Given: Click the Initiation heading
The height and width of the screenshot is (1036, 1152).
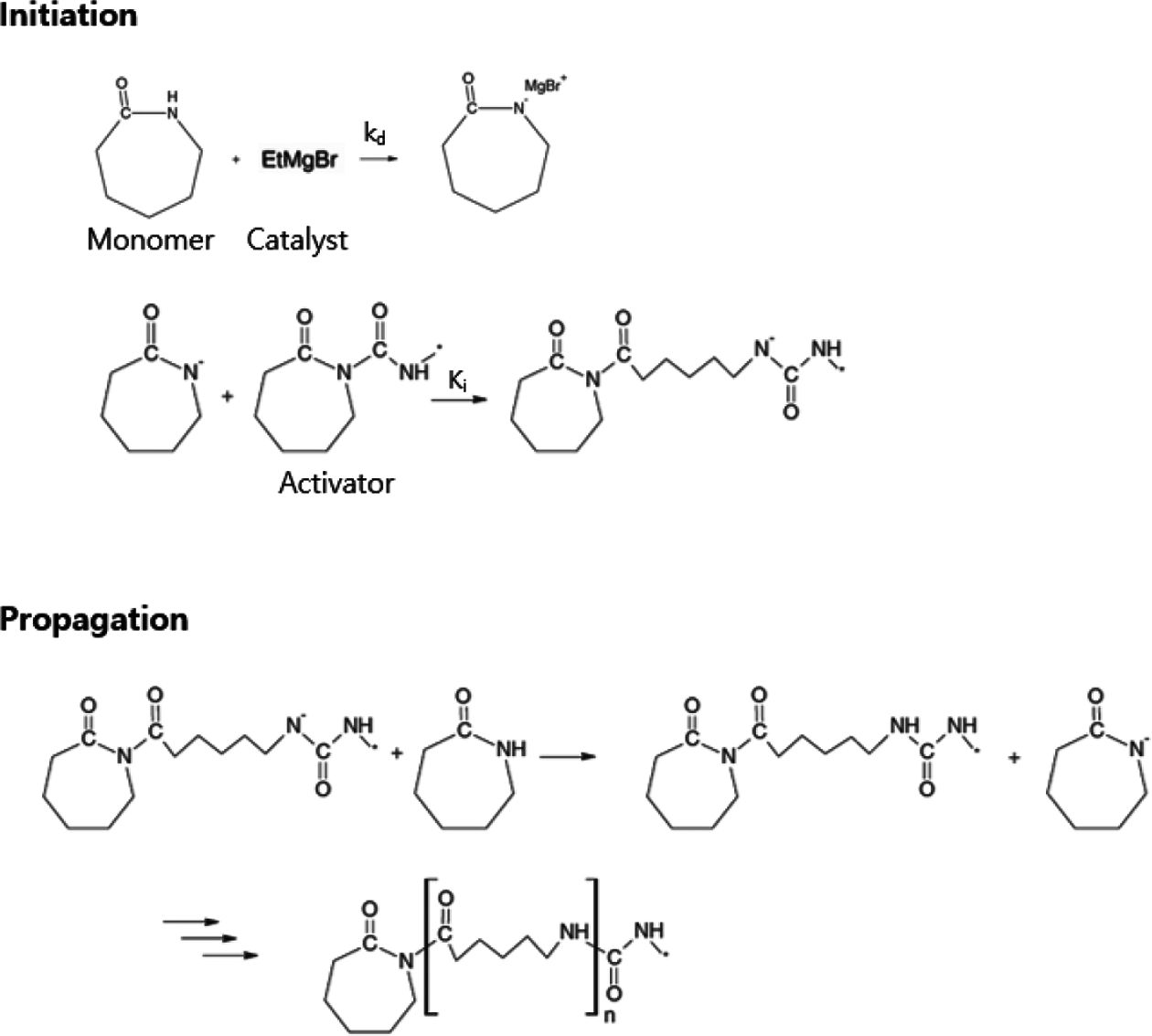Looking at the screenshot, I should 69,16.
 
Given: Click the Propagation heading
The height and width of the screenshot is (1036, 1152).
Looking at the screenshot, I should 94,619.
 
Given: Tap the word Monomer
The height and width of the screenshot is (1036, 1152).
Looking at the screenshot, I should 150,240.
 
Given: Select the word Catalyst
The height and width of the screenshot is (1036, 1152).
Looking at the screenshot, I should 298,240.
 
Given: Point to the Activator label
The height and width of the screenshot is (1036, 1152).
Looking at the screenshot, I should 336,482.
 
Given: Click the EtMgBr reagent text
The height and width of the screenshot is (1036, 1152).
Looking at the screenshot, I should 300,160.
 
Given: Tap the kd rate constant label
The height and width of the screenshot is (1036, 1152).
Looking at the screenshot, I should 374,134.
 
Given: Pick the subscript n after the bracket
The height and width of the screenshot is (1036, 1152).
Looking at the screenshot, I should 607,1015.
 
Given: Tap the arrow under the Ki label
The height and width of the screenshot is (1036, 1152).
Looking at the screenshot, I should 459,401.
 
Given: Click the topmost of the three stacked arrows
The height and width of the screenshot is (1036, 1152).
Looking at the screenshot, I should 192,921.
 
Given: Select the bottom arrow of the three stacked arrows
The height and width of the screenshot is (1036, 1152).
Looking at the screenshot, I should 229,956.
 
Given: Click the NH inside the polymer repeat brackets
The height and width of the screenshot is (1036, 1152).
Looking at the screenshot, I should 573,932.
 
